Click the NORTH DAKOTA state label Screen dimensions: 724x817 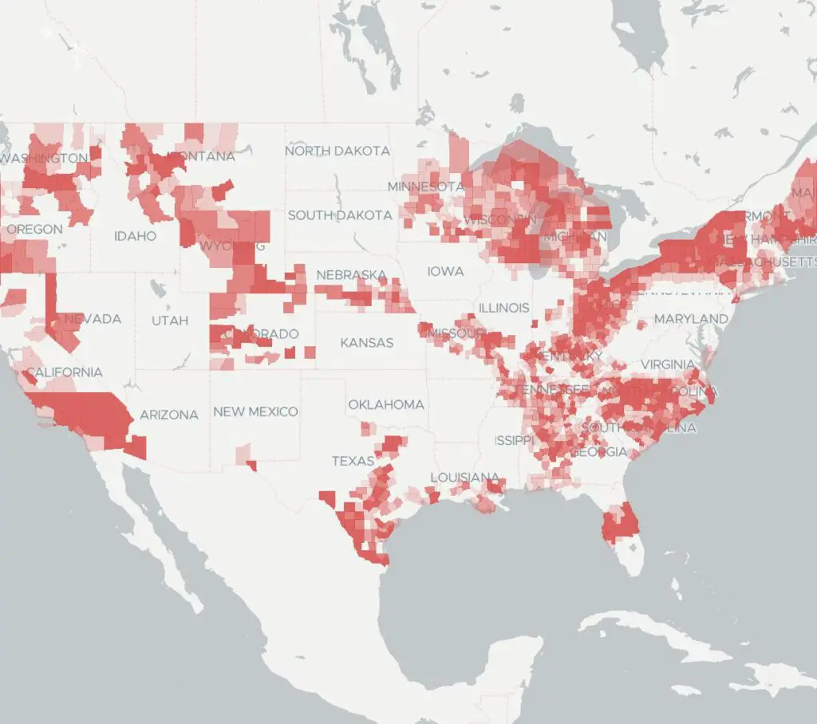(337, 151)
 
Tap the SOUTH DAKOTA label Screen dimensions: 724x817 (340, 215)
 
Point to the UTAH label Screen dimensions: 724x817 (170, 321)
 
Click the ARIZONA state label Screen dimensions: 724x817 (169, 415)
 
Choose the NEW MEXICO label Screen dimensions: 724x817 (255, 411)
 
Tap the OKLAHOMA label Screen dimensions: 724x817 (386, 404)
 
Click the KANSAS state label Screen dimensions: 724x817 (367, 343)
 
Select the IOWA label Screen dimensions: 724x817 (445, 272)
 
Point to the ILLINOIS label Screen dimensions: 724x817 (503, 308)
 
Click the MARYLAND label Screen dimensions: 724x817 (691, 319)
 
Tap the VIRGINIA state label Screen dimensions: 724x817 (667, 364)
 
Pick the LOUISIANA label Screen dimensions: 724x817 (465, 477)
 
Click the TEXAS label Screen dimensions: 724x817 (353, 461)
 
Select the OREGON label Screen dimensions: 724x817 (34, 230)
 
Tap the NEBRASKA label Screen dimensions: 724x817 (352, 275)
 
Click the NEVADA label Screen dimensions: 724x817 (93, 319)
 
